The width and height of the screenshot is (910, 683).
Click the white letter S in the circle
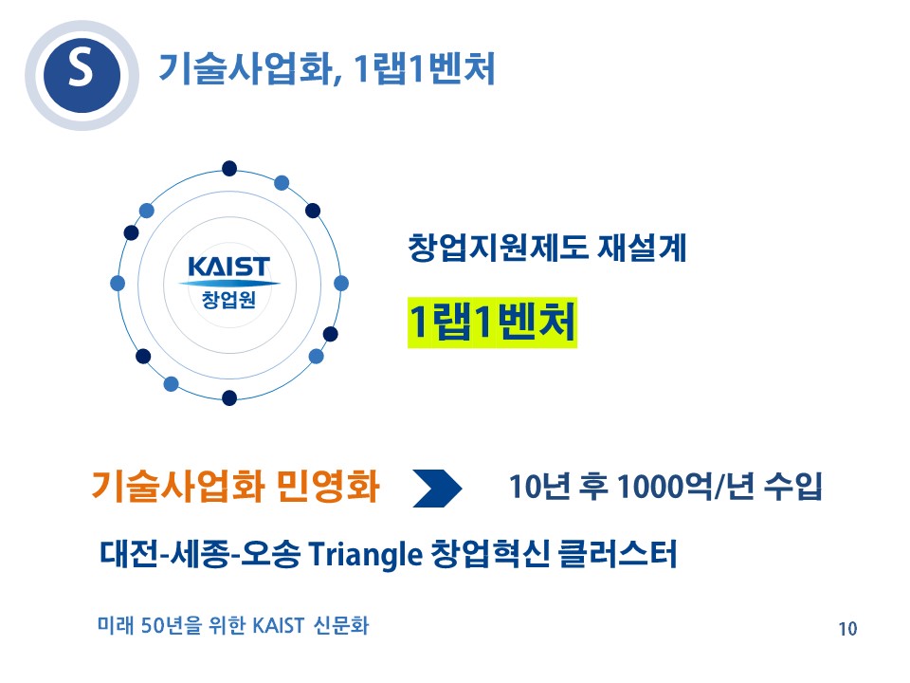(81, 68)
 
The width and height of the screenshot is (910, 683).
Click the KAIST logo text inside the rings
(229, 268)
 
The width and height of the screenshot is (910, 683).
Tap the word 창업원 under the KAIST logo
(228, 300)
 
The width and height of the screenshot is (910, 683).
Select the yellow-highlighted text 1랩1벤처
(492, 323)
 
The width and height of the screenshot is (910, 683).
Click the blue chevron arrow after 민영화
(437, 489)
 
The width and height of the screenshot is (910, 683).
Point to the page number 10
(847, 628)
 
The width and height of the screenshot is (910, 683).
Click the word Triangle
(365, 554)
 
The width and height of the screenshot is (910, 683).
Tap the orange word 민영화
(328, 486)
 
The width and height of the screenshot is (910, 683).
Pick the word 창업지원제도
(498, 248)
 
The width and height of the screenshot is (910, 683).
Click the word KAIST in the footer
(279, 625)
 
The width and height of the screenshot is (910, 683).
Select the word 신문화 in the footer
(341, 625)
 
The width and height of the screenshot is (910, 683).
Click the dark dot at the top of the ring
(229, 169)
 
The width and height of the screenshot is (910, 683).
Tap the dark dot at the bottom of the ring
(229, 397)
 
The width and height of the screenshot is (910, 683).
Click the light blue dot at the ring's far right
(341, 284)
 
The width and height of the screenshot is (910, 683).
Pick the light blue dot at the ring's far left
(118, 284)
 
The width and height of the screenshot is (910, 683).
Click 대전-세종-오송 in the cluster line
(200, 553)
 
